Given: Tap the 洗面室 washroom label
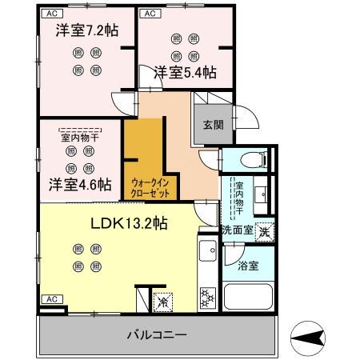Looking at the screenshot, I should tap(238, 230).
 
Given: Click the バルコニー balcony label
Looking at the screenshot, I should tap(156, 334).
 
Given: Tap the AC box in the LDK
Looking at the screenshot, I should tap(50, 298).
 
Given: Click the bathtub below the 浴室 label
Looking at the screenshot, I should tap(248, 298).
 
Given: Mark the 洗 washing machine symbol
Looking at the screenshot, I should tap(265, 230).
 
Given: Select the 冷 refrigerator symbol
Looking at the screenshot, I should tap(163, 302).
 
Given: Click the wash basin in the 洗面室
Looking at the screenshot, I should tap(264, 194).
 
